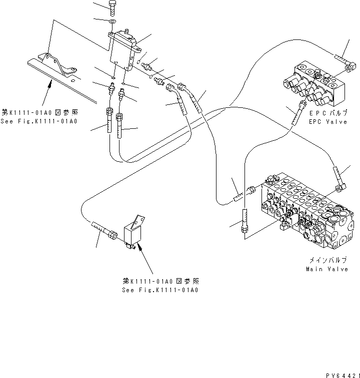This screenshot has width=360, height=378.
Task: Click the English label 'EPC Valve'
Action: [328, 121]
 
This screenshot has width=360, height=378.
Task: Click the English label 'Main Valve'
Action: [327, 269]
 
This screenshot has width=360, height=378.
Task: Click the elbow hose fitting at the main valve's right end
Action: [339, 180]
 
